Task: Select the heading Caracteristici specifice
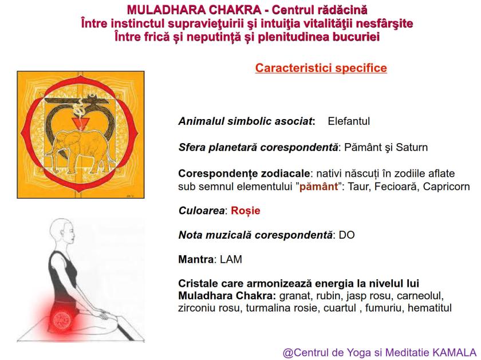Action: click(x=321, y=68)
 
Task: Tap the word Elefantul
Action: click(x=349, y=122)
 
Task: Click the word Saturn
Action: click(x=413, y=148)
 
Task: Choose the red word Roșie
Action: click(x=246, y=211)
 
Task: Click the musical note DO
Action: click(x=346, y=235)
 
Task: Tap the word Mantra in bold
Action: click(x=195, y=259)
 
